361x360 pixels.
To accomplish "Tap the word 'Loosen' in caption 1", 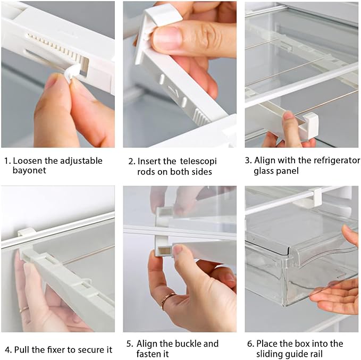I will click(x=27, y=161).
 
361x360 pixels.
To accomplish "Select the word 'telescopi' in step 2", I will click(x=198, y=161).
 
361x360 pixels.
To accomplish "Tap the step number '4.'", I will click(x=8, y=349).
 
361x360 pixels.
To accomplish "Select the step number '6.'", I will click(x=250, y=344).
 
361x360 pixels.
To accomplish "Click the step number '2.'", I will click(x=131, y=161).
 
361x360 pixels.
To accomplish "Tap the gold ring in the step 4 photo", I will click(x=24, y=308).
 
